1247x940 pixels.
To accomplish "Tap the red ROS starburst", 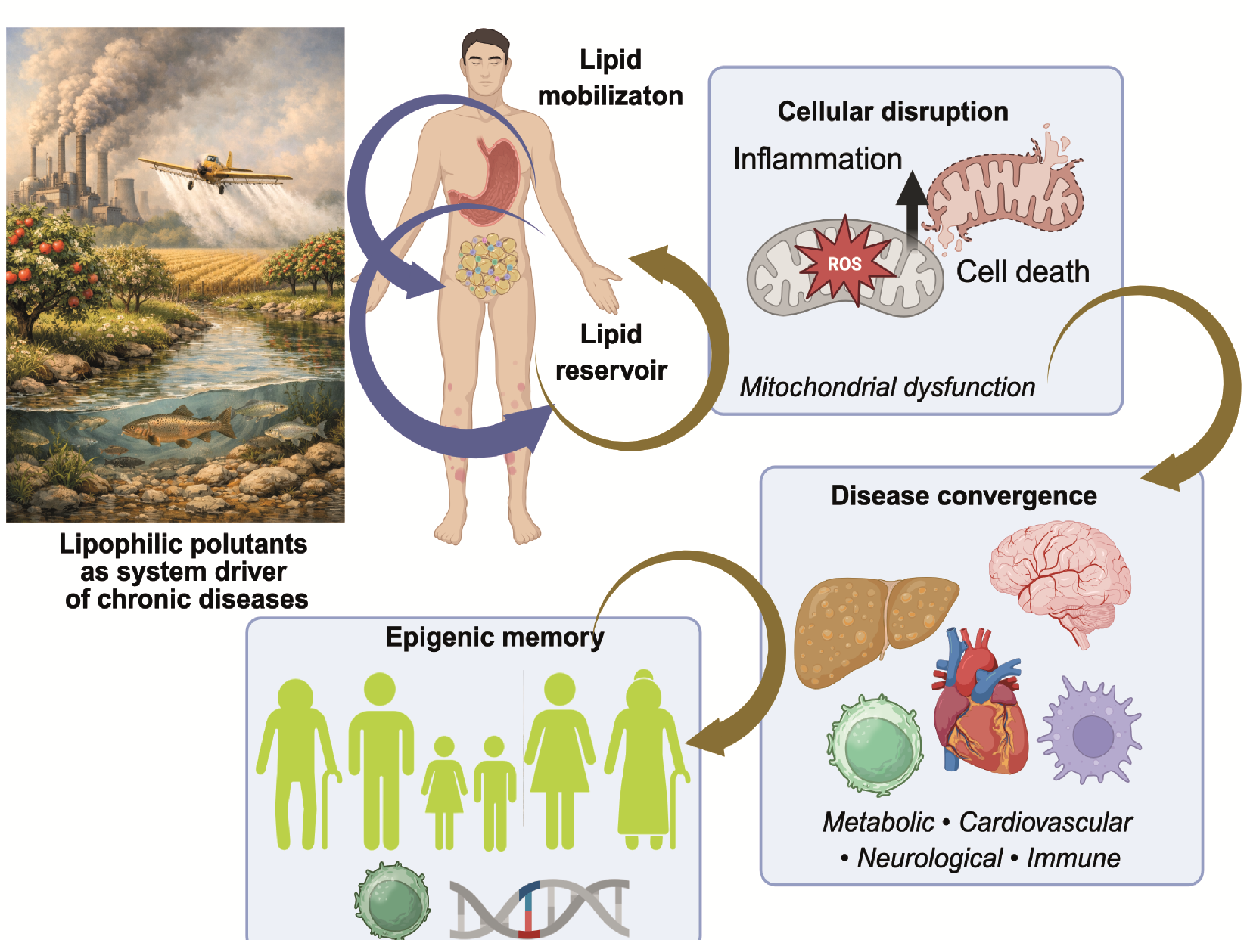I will (844, 262).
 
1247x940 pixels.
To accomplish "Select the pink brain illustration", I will (1060, 579).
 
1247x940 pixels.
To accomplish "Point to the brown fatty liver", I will (870, 628).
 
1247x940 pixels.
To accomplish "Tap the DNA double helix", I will (539, 907).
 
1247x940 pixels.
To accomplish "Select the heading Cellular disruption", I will (893, 112).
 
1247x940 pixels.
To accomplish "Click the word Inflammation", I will (817, 160).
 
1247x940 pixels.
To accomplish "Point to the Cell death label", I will (1022, 272).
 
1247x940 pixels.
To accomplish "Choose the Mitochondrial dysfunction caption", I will (887, 387).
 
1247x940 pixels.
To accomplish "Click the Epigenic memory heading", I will (495, 638).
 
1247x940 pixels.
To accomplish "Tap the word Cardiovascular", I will (1045, 822).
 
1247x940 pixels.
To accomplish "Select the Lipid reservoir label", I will (611, 352).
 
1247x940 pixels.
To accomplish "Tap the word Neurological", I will (929, 858).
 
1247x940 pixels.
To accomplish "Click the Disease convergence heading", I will (963, 496).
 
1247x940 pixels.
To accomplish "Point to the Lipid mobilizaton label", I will (610, 78).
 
